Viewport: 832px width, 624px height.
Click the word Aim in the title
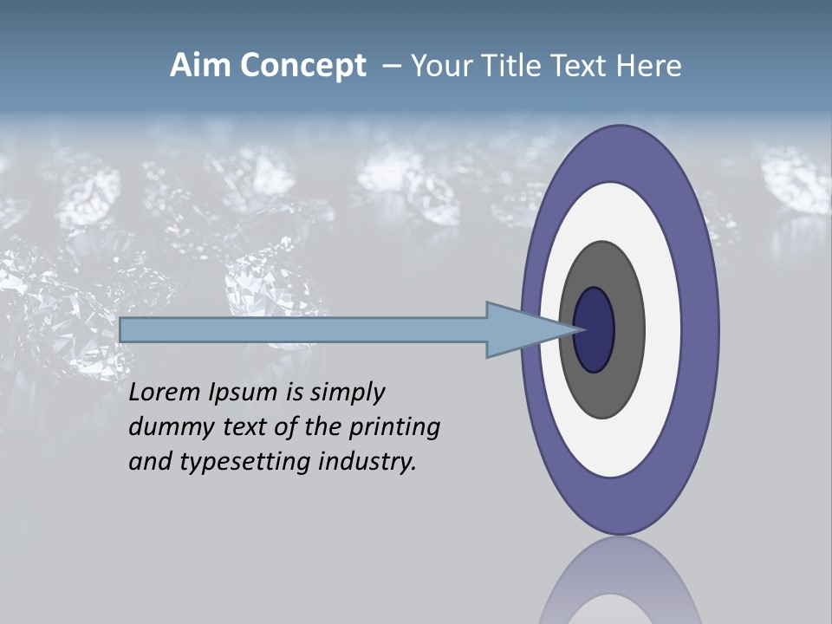(200, 66)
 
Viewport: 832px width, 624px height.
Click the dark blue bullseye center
(595, 330)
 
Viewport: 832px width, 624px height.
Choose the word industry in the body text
(367, 463)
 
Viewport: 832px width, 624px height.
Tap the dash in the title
(392, 67)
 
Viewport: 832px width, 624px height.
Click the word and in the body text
(150, 462)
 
